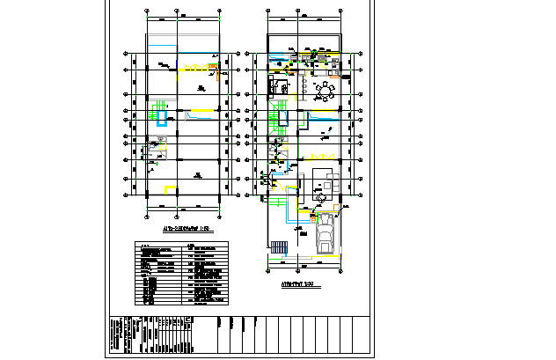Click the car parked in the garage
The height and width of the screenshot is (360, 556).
point(324,235)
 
